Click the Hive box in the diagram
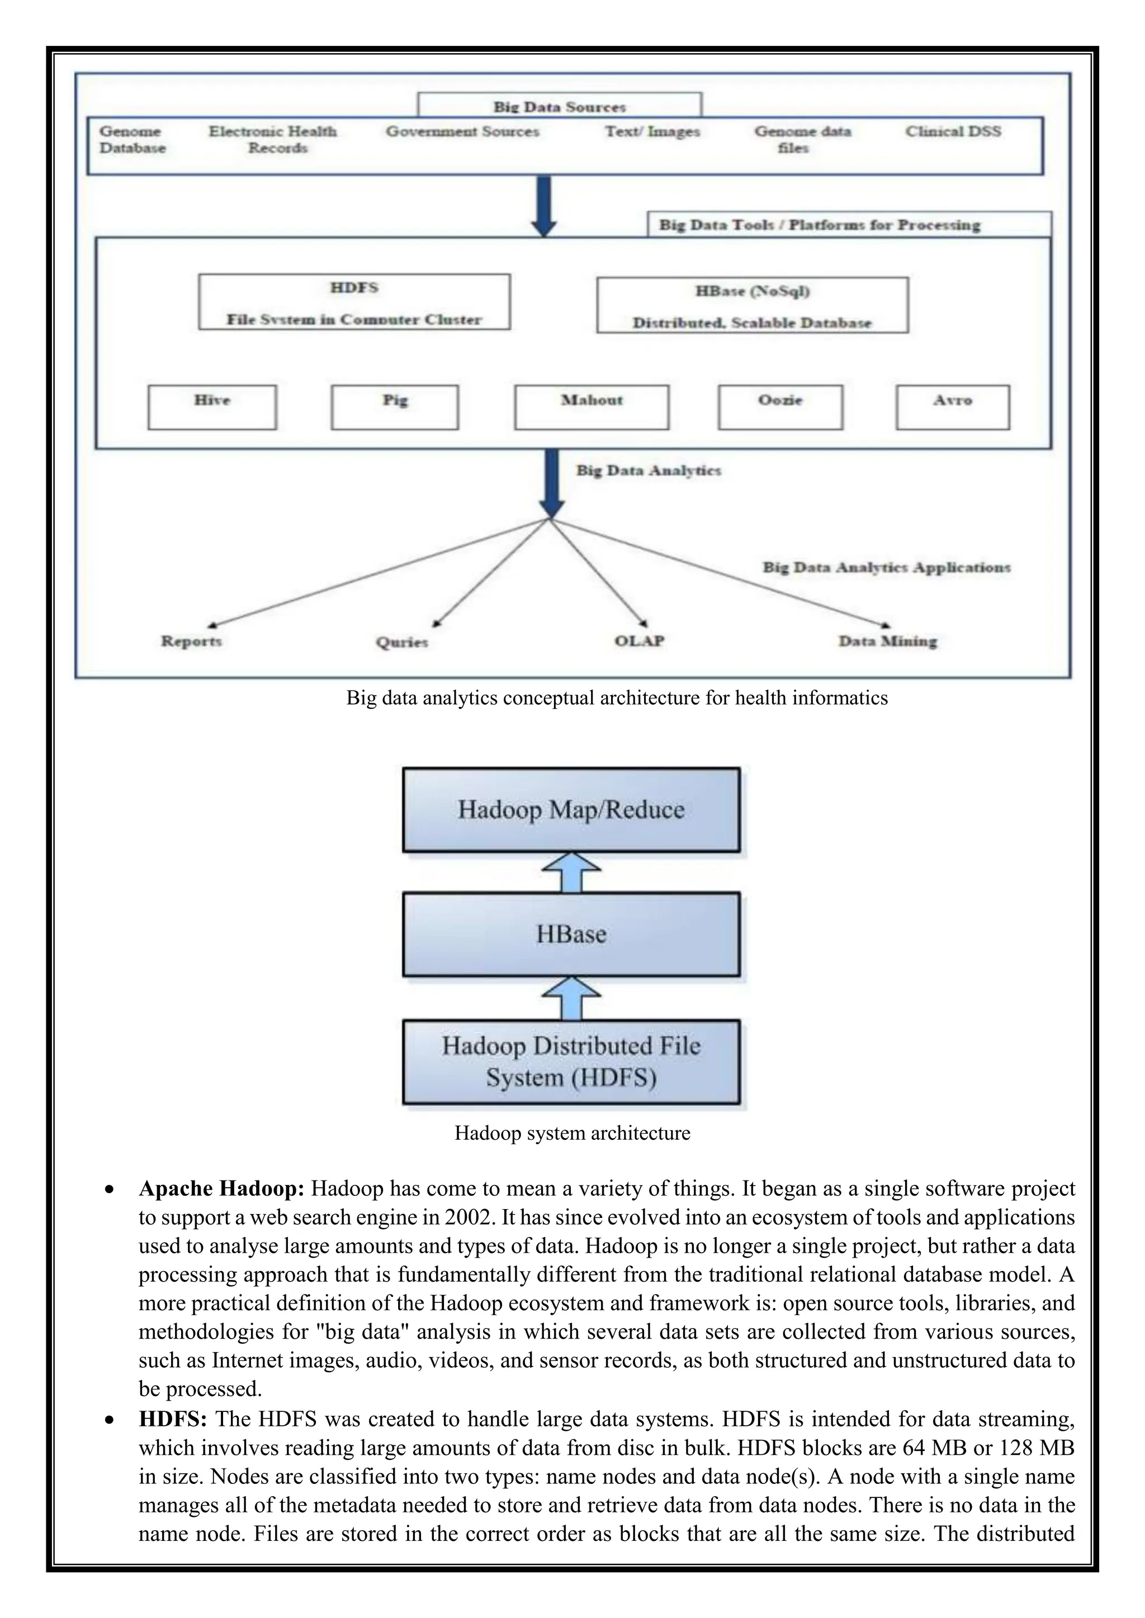click(x=212, y=407)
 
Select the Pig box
click(x=395, y=407)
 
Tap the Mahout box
click(x=592, y=407)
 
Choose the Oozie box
click(x=780, y=407)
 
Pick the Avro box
click(x=953, y=407)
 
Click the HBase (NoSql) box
click(x=753, y=305)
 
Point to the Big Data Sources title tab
click(x=560, y=106)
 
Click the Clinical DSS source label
click(x=953, y=132)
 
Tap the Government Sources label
click(x=462, y=132)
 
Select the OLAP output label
click(x=640, y=641)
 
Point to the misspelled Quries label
click(x=402, y=642)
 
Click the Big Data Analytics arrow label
click(x=649, y=471)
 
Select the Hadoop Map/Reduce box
click(x=571, y=810)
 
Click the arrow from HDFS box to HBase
click(x=571, y=998)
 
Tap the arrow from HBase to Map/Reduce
click(x=571, y=873)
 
